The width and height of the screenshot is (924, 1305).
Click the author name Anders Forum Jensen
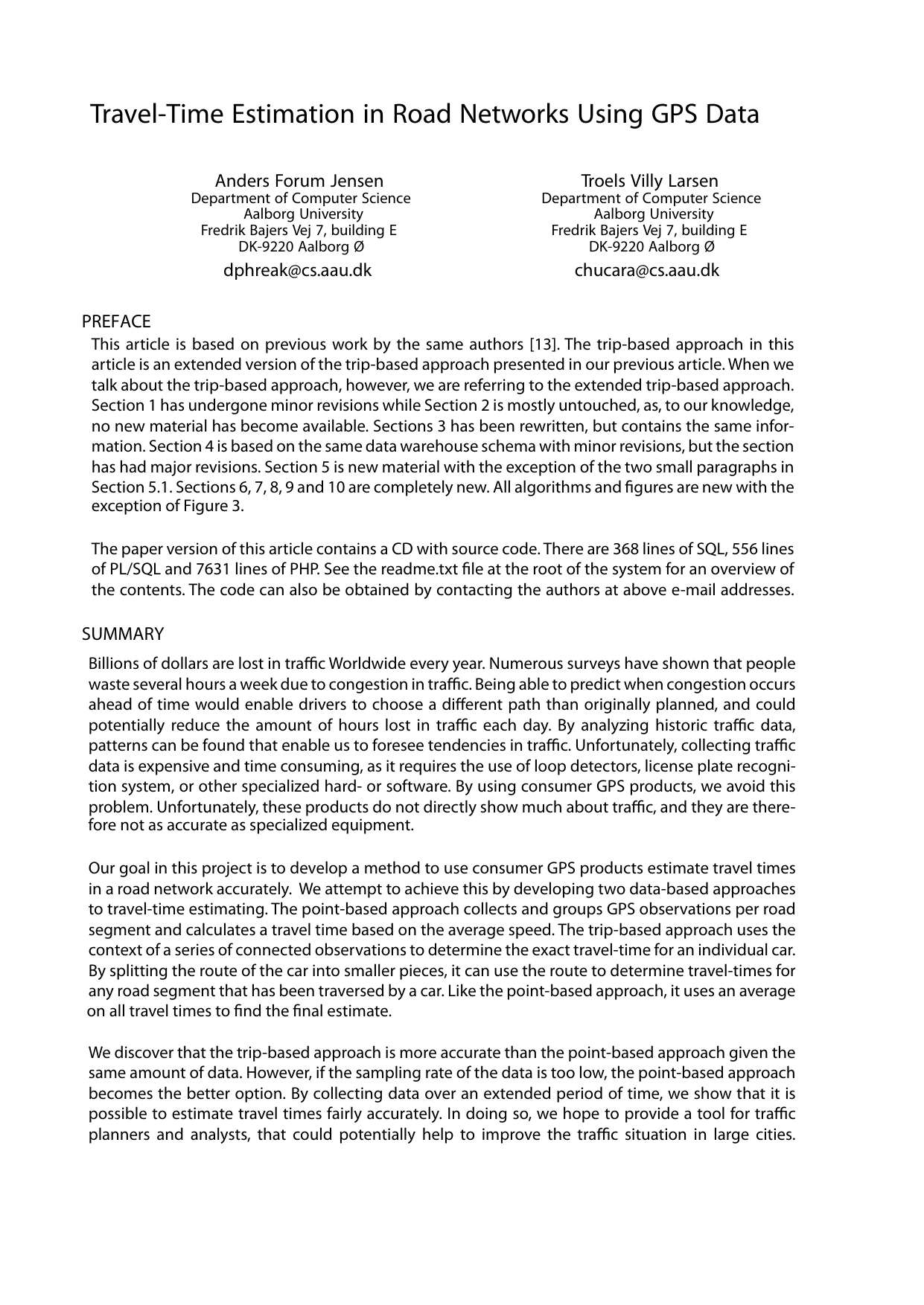(299, 181)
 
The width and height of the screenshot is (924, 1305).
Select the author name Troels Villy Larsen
(649, 181)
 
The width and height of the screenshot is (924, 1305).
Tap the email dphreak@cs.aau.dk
(297, 270)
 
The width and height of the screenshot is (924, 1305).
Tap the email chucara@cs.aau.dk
(647, 270)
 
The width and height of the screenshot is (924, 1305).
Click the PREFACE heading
(116, 321)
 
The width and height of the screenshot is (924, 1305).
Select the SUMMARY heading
(123, 634)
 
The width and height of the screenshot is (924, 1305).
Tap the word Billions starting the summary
(114, 664)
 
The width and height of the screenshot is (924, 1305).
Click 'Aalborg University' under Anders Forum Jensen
(299, 214)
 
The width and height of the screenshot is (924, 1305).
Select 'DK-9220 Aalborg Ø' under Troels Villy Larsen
(650, 247)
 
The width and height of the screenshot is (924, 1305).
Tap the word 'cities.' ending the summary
(774, 1135)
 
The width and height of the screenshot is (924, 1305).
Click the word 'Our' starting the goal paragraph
(101, 868)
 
